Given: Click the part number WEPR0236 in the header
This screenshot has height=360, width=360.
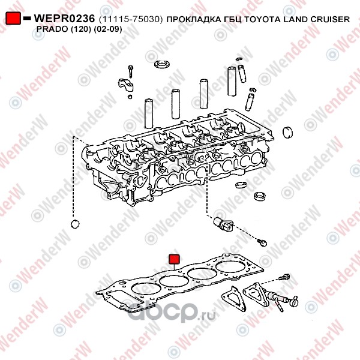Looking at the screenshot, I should pyautogui.click(x=62, y=19).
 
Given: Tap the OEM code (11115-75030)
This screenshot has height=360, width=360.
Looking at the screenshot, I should pyautogui.click(x=128, y=19).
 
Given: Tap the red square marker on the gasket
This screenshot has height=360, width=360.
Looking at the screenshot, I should pyautogui.click(x=173, y=259).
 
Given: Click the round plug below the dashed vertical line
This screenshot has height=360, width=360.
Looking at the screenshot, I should pyautogui.click(x=75, y=224).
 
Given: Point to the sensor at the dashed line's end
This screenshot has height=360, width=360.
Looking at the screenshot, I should pyautogui.click(x=221, y=224).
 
